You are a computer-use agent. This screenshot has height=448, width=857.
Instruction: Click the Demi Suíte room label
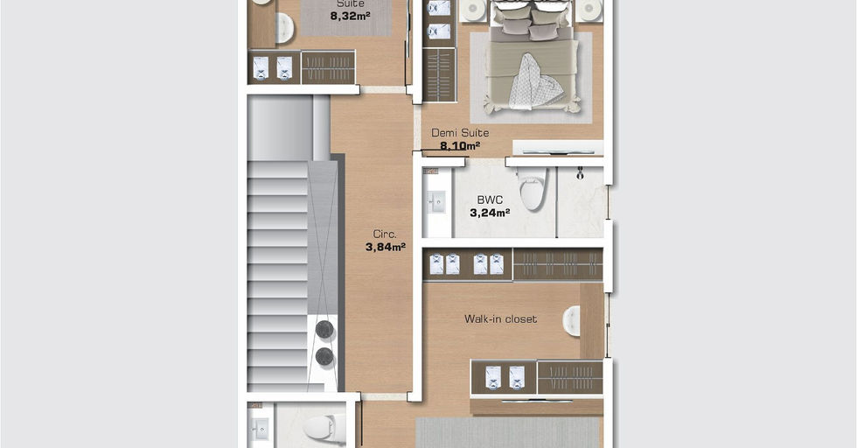tap(460, 133)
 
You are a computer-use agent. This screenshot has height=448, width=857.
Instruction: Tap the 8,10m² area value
tap(460, 146)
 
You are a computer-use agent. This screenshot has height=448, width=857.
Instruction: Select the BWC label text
tap(490, 200)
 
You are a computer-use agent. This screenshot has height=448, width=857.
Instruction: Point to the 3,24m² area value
tap(490, 213)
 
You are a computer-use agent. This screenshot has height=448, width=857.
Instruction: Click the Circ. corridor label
tap(385, 234)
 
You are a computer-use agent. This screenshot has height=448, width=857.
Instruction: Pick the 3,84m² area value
tap(386, 247)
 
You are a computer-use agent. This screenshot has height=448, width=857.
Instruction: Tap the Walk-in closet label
tap(500, 318)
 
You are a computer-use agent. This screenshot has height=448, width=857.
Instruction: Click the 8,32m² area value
tap(350, 16)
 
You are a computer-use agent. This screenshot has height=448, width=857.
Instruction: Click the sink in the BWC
tap(436, 202)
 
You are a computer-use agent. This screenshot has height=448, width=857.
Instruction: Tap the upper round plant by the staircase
tap(324, 329)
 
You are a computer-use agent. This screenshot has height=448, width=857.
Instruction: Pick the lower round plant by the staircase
tap(324, 357)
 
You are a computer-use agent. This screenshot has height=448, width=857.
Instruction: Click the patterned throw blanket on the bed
tap(534, 82)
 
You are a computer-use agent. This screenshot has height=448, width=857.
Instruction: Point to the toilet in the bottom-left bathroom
tap(325, 427)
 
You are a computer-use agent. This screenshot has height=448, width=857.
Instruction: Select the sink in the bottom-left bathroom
tap(259, 430)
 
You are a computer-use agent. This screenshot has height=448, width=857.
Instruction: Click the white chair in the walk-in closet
tap(571, 321)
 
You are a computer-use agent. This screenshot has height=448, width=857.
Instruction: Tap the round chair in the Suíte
tap(284, 28)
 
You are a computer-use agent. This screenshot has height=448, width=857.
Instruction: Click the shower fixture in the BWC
tap(580, 174)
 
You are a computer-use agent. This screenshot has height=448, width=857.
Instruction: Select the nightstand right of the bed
tap(589, 10)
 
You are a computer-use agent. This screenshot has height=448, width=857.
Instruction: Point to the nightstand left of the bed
tap(473, 10)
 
